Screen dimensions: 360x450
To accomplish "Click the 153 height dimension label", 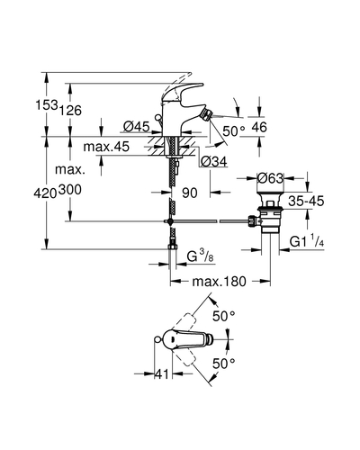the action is click(x=47, y=105).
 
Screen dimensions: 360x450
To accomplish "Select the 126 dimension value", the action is click(x=70, y=111).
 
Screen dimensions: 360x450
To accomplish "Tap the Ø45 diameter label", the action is click(x=136, y=127).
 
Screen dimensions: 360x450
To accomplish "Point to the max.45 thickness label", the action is click(x=106, y=147).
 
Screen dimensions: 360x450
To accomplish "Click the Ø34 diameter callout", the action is click(x=214, y=162).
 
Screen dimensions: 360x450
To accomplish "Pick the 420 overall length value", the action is click(x=45, y=193).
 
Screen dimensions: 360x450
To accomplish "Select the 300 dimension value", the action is click(x=70, y=190).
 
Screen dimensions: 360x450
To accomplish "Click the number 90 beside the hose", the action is click(x=190, y=193).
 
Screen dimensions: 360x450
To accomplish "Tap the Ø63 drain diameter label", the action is click(x=270, y=178).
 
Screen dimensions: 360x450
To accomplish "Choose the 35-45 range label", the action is click(x=306, y=202).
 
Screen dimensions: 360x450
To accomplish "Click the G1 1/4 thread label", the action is click(x=307, y=241).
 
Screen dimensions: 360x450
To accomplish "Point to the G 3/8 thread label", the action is click(x=201, y=256).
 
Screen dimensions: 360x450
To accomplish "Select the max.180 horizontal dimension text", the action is click(x=219, y=282).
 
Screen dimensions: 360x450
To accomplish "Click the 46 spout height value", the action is click(x=259, y=127).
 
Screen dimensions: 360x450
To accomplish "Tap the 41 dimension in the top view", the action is click(x=161, y=374).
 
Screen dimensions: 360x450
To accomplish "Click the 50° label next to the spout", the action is click(x=234, y=130).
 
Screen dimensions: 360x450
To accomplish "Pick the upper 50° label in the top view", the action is click(x=223, y=316).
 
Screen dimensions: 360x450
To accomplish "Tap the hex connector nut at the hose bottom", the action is click(x=172, y=247).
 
